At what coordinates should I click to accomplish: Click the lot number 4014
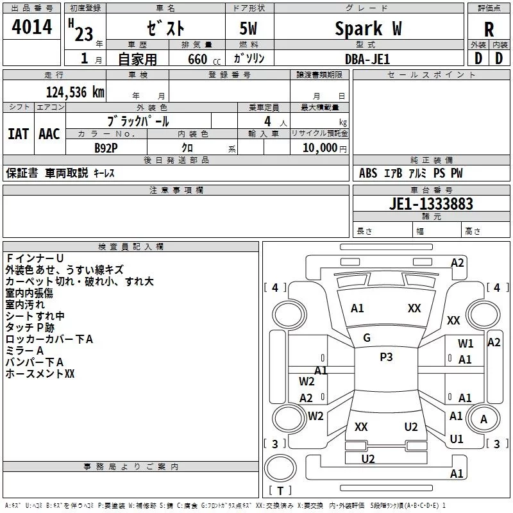(x=31, y=27)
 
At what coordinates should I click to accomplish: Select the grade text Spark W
(x=368, y=29)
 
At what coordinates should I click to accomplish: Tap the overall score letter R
(x=489, y=29)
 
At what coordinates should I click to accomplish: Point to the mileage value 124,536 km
(x=75, y=92)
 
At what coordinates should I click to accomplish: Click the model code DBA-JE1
(x=367, y=59)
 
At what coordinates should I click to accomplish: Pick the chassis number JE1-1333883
(x=431, y=204)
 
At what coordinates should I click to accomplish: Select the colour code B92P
(x=106, y=148)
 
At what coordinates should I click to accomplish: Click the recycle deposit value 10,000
(x=319, y=147)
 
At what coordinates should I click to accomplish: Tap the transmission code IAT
(x=19, y=134)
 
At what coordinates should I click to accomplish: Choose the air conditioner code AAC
(x=49, y=134)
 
